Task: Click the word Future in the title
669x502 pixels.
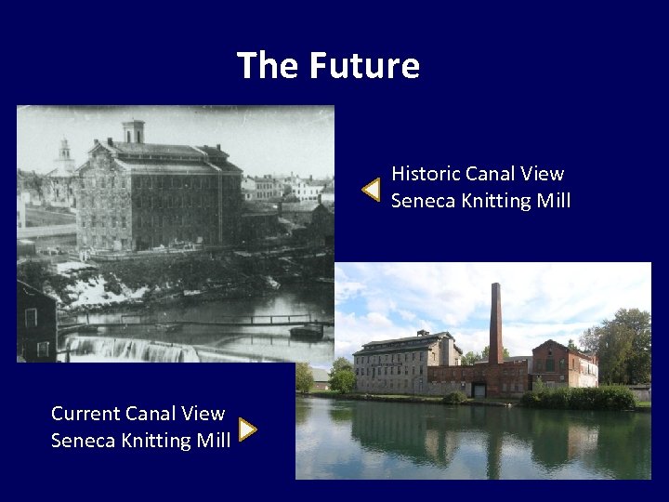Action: click(x=364, y=66)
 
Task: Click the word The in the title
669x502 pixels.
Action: click(x=269, y=66)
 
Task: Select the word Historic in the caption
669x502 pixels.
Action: click(x=426, y=174)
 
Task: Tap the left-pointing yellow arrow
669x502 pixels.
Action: click(x=371, y=189)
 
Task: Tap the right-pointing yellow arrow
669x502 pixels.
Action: click(x=247, y=429)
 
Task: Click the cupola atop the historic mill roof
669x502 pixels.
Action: click(x=134, y=131)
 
